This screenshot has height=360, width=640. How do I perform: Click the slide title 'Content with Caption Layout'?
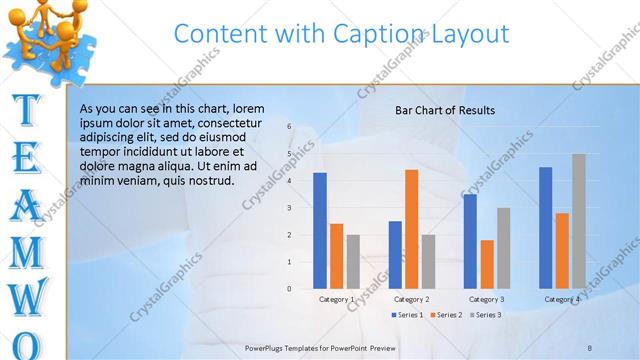click(341, 33)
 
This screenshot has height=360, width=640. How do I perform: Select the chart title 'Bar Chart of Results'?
click(445, 110)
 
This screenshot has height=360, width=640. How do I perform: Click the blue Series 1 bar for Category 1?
click(320, 230)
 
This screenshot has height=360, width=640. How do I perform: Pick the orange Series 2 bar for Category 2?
click(411, 229)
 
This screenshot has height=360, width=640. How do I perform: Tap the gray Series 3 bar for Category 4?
click(579, 221)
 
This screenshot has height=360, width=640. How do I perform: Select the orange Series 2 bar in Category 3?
click(487, 264)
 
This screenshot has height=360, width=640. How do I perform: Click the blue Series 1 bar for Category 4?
click(545, 227)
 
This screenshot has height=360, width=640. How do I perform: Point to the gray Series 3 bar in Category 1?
click(354, 261)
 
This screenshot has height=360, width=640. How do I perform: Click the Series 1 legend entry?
click(407, 315)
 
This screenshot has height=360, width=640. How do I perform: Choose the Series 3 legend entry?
click(484, 315)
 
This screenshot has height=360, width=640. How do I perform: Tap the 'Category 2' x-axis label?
click(411, 299)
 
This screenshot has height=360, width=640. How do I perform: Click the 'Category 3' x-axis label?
click(487, 299)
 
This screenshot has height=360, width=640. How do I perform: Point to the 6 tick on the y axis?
click(288, 127)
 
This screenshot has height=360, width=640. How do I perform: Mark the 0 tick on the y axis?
click(288, 289)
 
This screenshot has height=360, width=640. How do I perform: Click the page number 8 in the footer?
click(590, 347)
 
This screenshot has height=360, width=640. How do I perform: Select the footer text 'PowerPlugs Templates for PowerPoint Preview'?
click(320, 347)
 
